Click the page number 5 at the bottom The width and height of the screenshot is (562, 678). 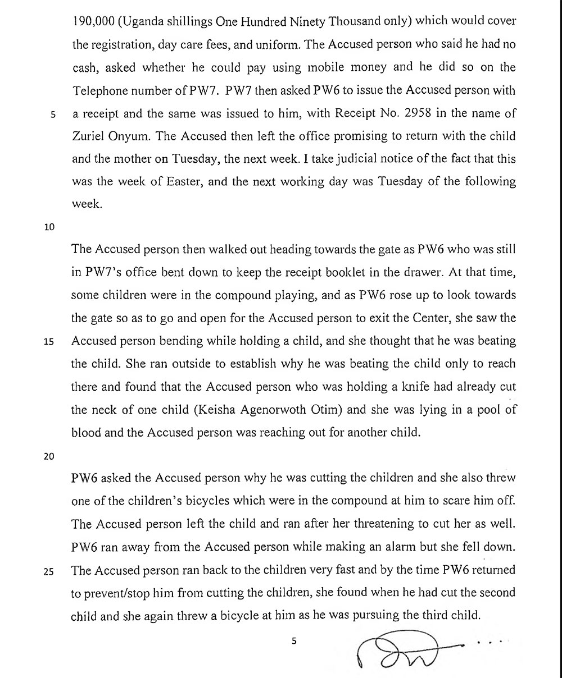tap(293, 641)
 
